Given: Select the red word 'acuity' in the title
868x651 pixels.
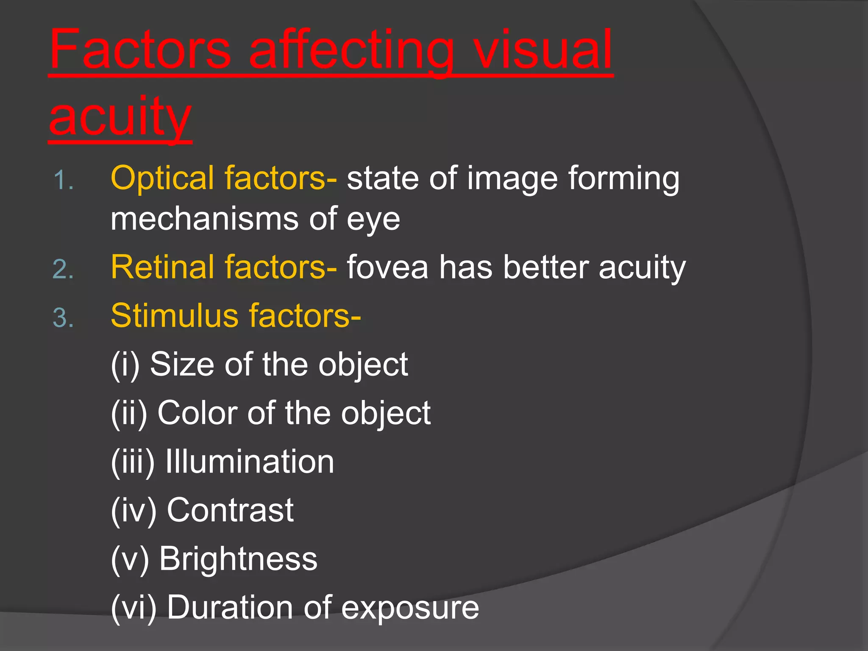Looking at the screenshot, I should pos(120,117).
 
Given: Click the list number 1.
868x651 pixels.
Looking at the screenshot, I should pos(63,180).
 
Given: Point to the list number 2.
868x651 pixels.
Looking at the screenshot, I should pos(63,269).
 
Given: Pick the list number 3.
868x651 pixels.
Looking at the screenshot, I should pos(63,318).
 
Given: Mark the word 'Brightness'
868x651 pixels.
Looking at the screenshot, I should pos(238,559).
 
